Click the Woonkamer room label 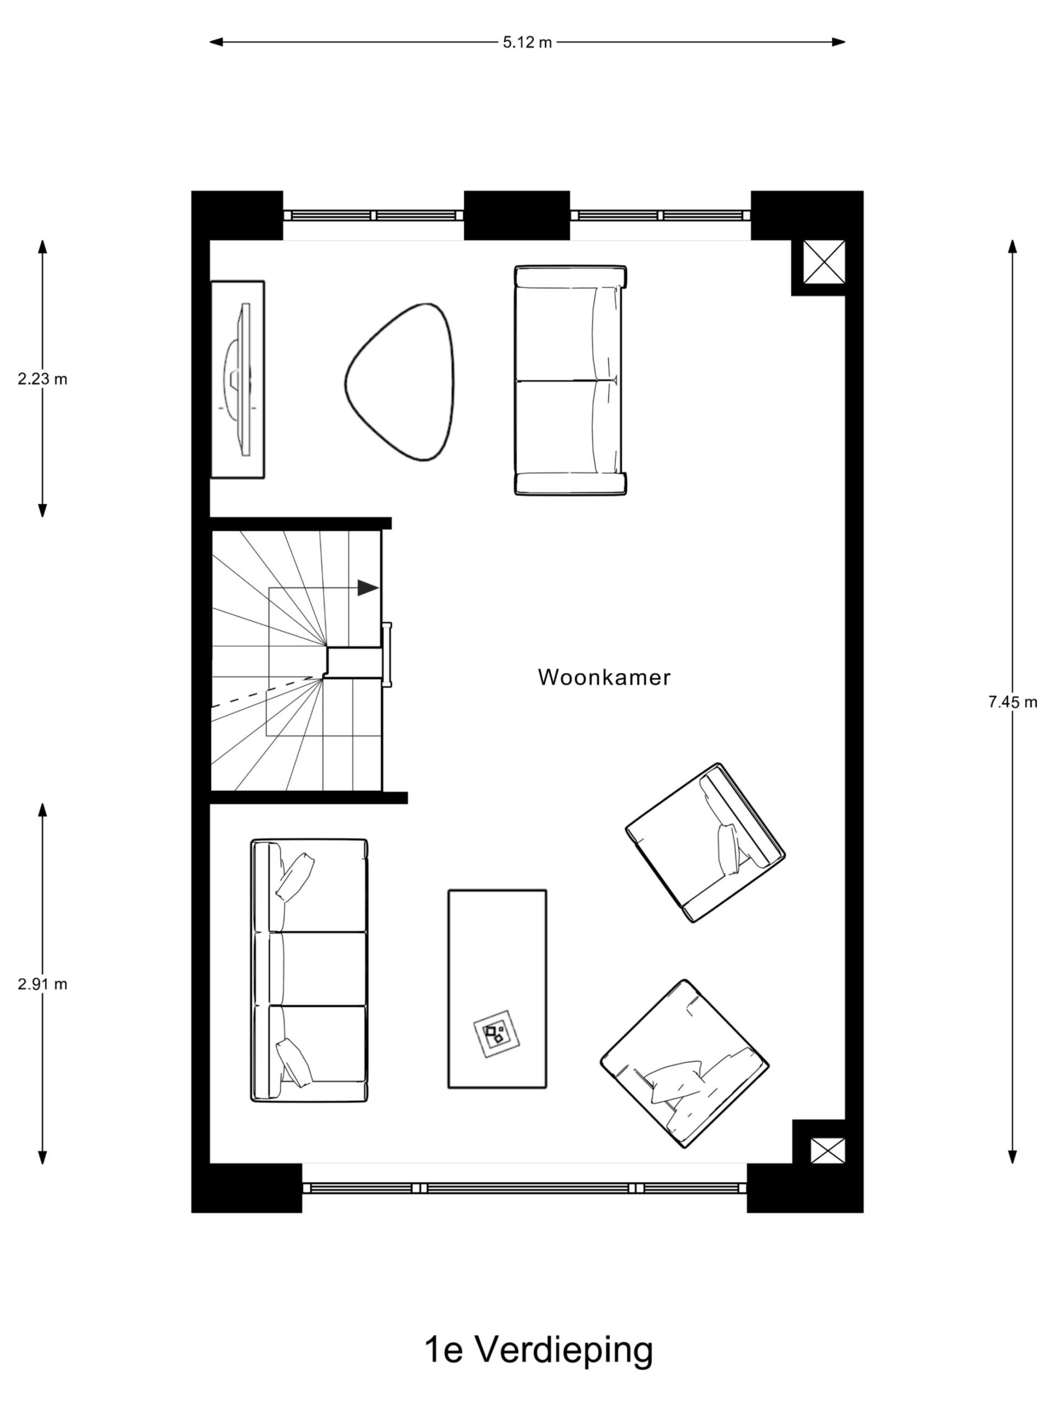[603, 678]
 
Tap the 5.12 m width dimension [526, 43]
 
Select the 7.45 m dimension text [1012, 702]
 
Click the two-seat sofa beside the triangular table [570, 380]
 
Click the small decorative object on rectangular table [497, 1034]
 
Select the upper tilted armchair [704, 843]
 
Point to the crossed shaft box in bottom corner [828, 1151]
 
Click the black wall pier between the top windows [517, 215]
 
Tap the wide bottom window [524, 1188]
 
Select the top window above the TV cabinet [373, 215]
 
